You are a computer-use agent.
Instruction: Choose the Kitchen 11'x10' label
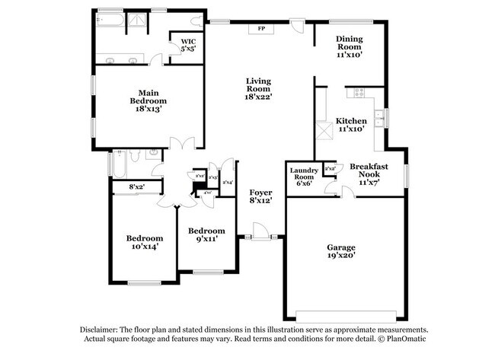pos(352,125)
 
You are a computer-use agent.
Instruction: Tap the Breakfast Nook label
pos(369,174)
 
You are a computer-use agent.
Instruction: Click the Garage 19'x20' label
pos(340,252)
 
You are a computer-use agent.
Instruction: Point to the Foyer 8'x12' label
pos(261,196)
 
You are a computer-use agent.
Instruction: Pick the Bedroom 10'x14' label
pos(144,241)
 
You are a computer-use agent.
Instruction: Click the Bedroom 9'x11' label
pos(206,235)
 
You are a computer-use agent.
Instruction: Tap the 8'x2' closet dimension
pos(136,186)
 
